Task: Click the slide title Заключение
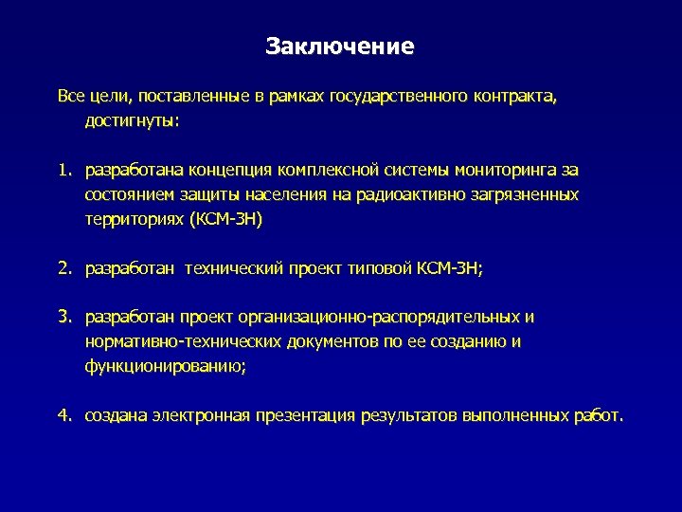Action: click(340, 46)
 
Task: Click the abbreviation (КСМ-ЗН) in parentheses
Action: click(225, 219)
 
